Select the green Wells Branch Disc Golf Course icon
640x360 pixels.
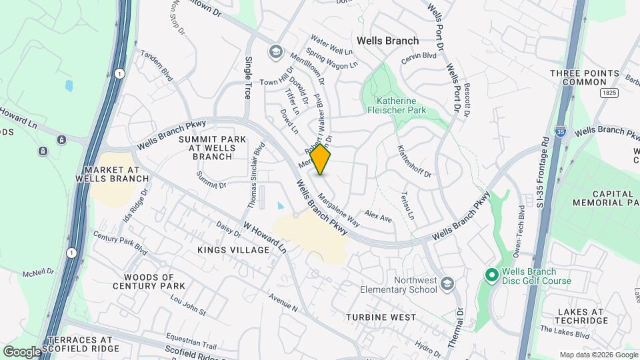(x=492, y=275)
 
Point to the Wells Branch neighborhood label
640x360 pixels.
(x=387, y=41)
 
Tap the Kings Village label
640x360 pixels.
(x=233, y=249)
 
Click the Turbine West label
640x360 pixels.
(x=381, y=317)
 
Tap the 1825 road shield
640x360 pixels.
(x=607, y=92)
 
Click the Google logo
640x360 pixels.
(x=22, y=351)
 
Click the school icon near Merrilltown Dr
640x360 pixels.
(x=275, y=51)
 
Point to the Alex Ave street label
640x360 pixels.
(x=378, y=217)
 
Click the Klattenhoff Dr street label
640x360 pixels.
(x=415, y=162)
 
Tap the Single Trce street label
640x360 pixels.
(x=248, y=78)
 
